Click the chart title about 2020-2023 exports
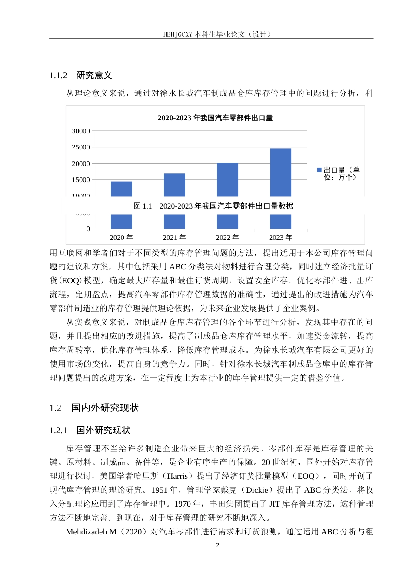(x=215, y=118)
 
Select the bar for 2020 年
(x=121, y=189)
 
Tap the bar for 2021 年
(x=174, y=185)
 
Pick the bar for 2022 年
(x=227, y=179)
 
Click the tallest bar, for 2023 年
(x=280, y=172)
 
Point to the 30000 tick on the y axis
(x=81, y=131)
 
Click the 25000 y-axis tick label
(x=81, y=147)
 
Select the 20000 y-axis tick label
(x=81, y=164)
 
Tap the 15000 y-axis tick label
(x=81, y=180)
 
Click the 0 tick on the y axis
(x=88, y=229)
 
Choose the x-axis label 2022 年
(x=227, y=237)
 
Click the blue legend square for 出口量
(x=320, y=170)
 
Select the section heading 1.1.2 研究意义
(x=81, y=75)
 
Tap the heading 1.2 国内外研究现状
(x=94, y=408)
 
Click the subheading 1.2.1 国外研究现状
(x=90, y=430)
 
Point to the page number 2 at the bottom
(x=218, y=545)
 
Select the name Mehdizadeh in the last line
(x=87, y=532)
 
